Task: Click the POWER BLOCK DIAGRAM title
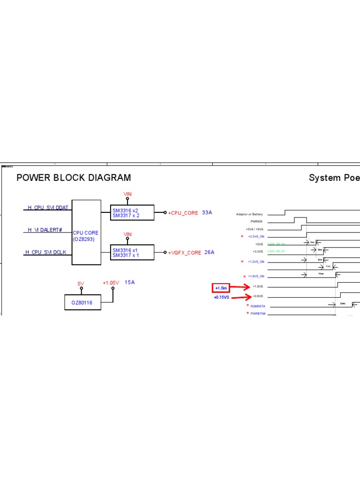point(74,178)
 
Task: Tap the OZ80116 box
point(82,303)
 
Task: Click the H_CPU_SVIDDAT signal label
point(48,207)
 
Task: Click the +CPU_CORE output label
point(183,213)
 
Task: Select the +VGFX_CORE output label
point(184,253)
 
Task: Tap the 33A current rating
point(207,212)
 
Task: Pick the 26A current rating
point(209,252)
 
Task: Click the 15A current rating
point(129,283)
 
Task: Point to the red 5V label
point(81,284)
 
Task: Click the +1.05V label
point(111,283)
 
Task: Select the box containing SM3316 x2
point(131,213)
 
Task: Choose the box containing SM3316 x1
point(131,253)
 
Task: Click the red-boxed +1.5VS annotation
point(221,287)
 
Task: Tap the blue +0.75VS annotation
point(221,297)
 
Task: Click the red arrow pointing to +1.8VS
point(240,286)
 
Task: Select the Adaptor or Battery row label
point(249,214)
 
